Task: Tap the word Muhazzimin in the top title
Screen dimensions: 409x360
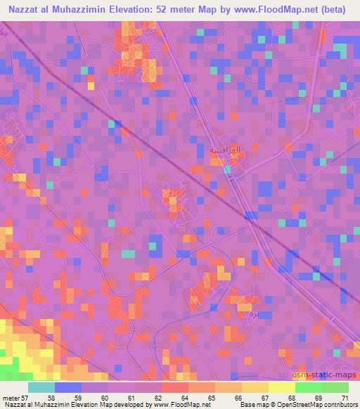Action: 78,8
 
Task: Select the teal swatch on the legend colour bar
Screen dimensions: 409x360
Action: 41,388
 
